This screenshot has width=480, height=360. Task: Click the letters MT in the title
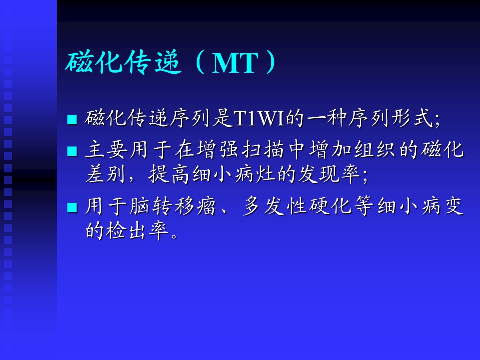(235, 63)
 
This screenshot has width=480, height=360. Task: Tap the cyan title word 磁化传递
(123, 62)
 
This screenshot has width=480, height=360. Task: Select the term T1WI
(259, 118)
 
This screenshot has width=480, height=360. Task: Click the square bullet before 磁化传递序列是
(72, 119)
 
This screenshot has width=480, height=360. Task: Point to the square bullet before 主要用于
(72, 151)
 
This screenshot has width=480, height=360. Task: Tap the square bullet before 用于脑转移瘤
(72, 207)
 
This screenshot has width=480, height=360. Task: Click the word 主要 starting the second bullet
(106, 150)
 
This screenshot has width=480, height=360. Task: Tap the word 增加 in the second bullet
(330, 150)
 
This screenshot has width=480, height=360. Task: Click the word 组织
(375, 150)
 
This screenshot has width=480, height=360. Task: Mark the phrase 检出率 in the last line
(138, 231)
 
